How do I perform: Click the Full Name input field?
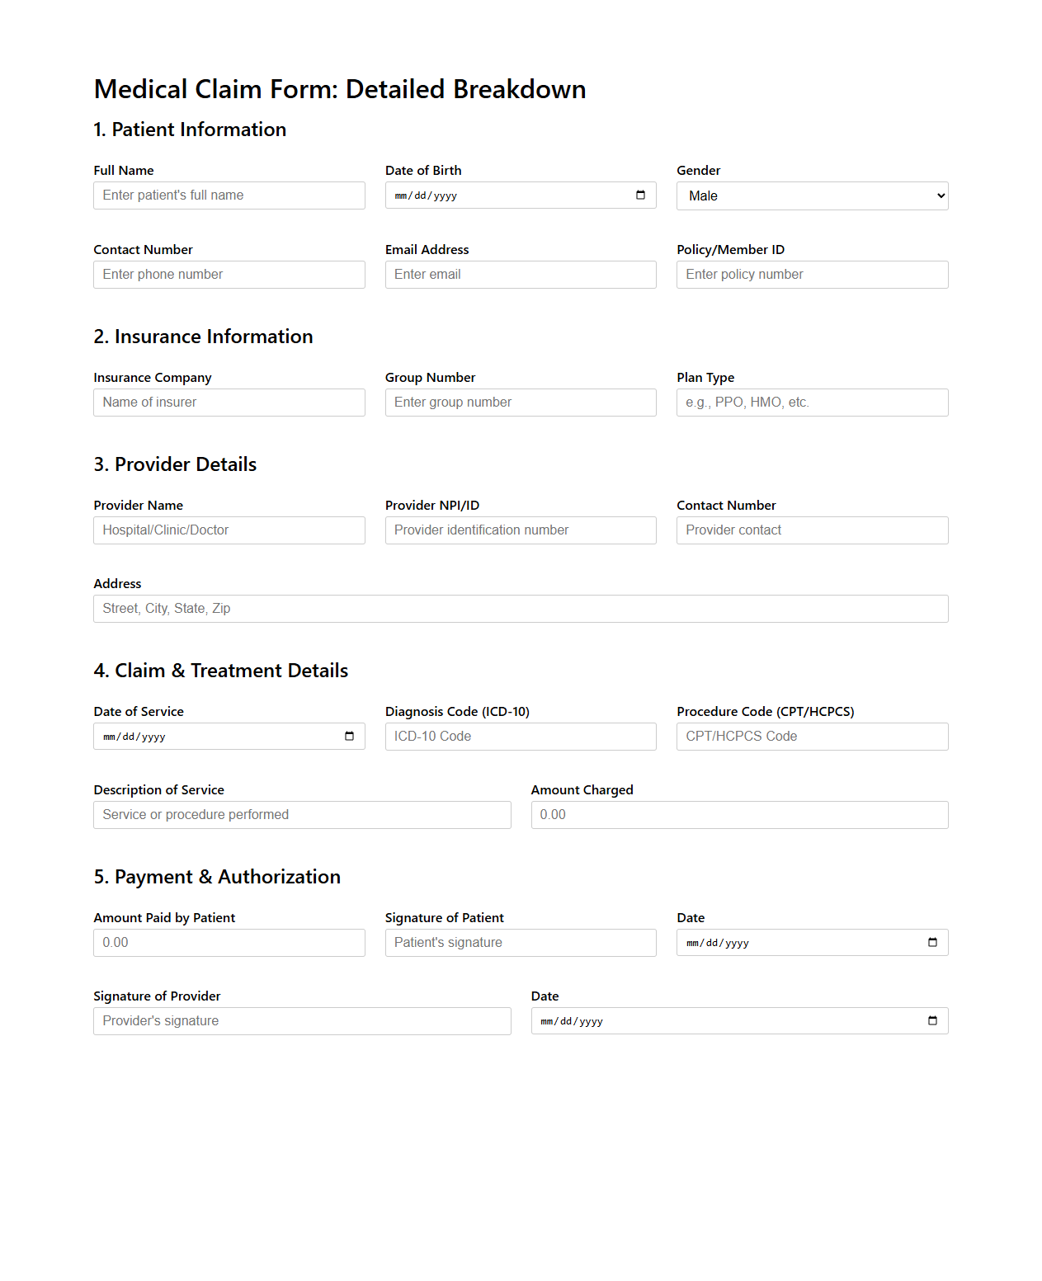click(229, 195)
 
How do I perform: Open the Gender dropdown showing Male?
click(812, 196)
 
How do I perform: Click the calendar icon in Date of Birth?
click(640, 195)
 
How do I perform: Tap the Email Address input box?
click(520, 275)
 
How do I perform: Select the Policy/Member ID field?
click(812, 275)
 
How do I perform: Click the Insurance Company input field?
click(229, 403)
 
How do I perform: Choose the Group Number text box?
click(520, 403)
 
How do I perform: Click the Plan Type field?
click(812, 403)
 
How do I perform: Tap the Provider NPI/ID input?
click(520, 530)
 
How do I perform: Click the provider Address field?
click(520, 609)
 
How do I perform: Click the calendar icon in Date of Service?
click(349, 737)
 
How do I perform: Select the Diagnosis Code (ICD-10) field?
click(520, 737)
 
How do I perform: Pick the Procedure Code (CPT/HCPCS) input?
click(812, 737)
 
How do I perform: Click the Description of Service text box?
click(302, 815)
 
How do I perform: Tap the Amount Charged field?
click(739, 815)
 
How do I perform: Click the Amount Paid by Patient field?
click(229, 943)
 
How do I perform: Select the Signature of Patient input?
click(520, 943)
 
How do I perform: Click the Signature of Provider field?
click(302, 1021)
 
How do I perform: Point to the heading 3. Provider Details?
click(175, 464)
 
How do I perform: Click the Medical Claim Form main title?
click(340, 89)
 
